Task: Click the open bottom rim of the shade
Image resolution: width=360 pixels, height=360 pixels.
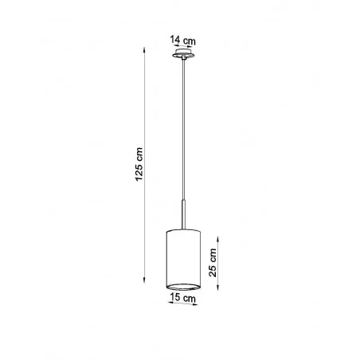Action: click(x=182, y=285)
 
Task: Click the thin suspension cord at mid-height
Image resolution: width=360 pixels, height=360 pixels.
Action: click(x=182, y=135)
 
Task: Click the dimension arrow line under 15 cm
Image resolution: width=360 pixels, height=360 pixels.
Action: click(x=182, y=305)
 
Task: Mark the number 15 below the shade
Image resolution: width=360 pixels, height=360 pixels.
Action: click(x=176, y=298)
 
